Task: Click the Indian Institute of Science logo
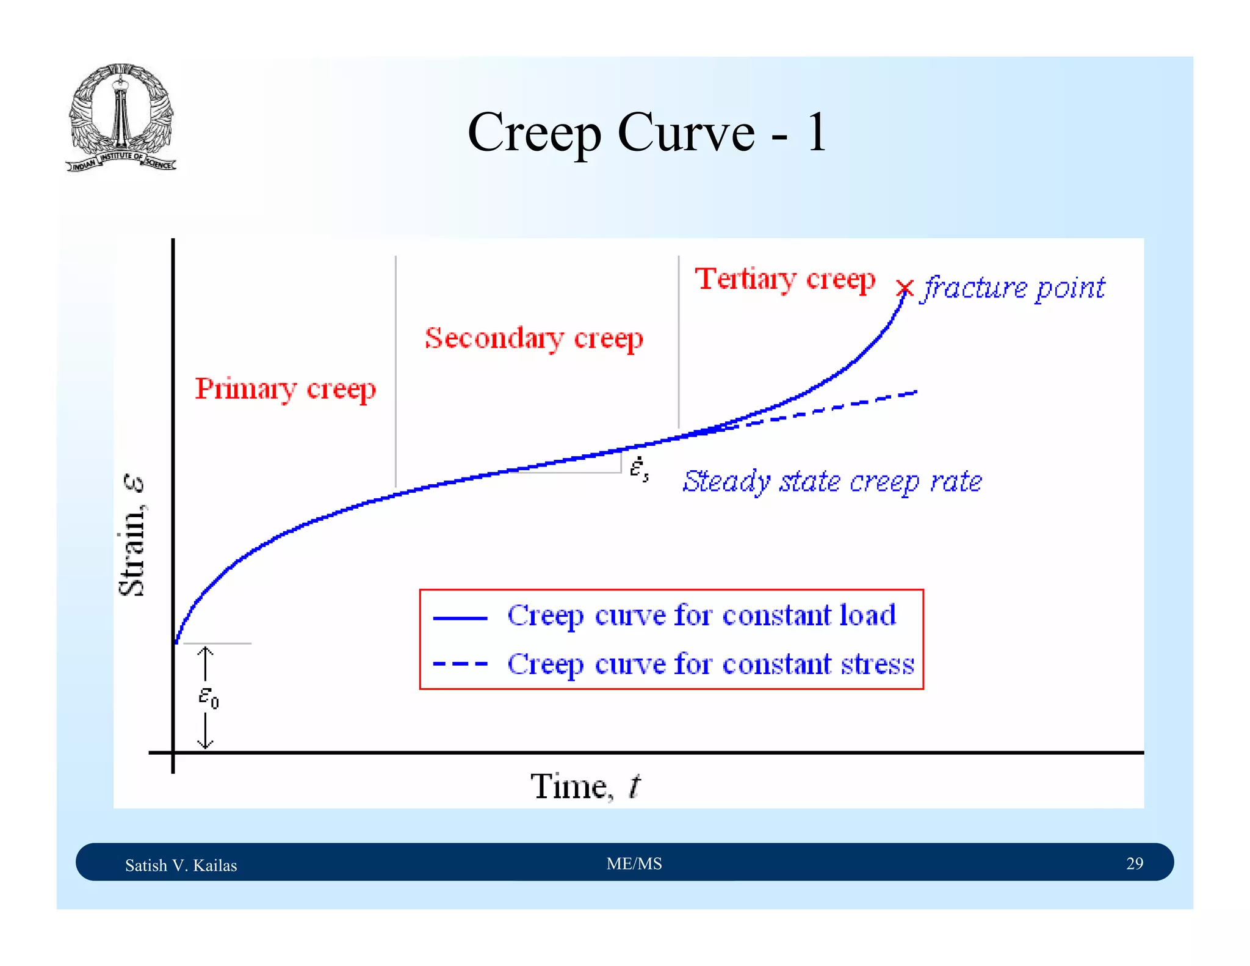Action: coord(121,117)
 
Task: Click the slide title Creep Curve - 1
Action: coord(647,133)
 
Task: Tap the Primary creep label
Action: coord(285,388)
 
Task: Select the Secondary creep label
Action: coord(534,338)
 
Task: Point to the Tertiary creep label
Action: coord(785,279)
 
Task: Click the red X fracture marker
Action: coord(905,288)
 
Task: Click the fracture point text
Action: coord(1014,288)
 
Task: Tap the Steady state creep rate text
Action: coord(832,482)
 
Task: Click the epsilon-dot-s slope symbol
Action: coord(638,469)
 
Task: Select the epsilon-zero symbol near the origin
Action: coord(208,697)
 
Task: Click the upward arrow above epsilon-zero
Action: coord(206,663)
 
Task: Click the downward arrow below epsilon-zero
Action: coord(206,731)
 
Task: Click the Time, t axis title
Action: coord(585,786)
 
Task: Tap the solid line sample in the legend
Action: coord(460,618)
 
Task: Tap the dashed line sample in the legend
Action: coord(460,664)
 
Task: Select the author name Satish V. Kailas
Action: coord(181,865)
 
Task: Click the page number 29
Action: coord(1134,863)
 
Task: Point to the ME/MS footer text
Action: coord(634,863)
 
